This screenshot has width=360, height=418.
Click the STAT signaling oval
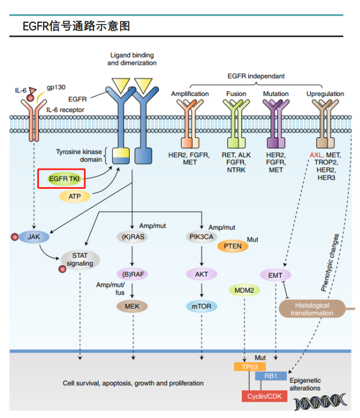[80, 259]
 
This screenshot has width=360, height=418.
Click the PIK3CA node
[201, 236]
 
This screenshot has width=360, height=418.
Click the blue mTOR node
[201, 306]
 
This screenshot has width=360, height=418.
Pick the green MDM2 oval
[244, 290]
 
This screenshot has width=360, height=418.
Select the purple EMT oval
[275, 275]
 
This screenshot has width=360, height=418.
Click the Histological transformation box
[312, 309]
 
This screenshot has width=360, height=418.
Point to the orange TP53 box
[249, 366]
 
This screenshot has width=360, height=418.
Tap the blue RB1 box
[271, 377]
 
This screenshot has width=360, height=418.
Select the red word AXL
[316, 155]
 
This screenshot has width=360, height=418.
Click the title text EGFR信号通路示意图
[76, 26]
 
